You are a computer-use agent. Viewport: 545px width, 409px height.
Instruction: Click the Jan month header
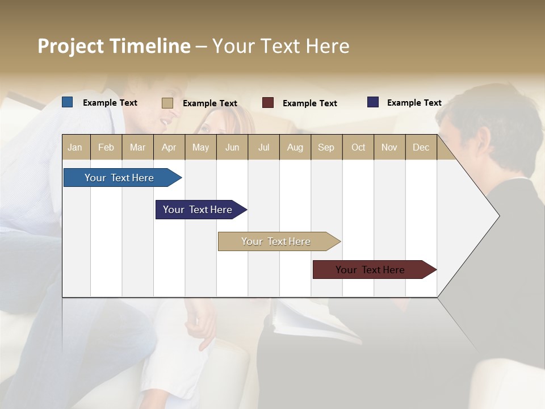(x=76, y=147)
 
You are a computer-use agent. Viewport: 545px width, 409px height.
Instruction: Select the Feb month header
(x=106, y=147)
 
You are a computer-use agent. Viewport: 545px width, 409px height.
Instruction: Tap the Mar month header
(x=137, y=147)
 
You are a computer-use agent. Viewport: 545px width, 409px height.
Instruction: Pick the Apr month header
(x=169, y=147)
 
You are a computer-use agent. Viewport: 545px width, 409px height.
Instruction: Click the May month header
(x=200, y=147)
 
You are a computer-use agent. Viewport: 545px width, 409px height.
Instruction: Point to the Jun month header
(x=232, y=147)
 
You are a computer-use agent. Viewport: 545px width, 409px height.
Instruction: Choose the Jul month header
(x=263, y=147)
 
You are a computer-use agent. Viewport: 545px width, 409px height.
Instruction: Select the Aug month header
(x=295, y=147)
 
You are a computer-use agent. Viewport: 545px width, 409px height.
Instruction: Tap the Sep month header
(x=326, y=147)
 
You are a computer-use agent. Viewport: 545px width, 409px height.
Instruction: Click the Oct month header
(x=358, y=147)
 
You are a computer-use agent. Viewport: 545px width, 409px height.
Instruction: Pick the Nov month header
(x=389, y=147)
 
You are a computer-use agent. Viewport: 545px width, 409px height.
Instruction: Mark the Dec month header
(x=421, y=147)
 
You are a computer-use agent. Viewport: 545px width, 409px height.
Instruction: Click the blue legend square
(x=68, y=102)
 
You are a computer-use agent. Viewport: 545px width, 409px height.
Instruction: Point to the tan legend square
(x=167, y=103)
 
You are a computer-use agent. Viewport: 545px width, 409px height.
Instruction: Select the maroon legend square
(x=268, y=103)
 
